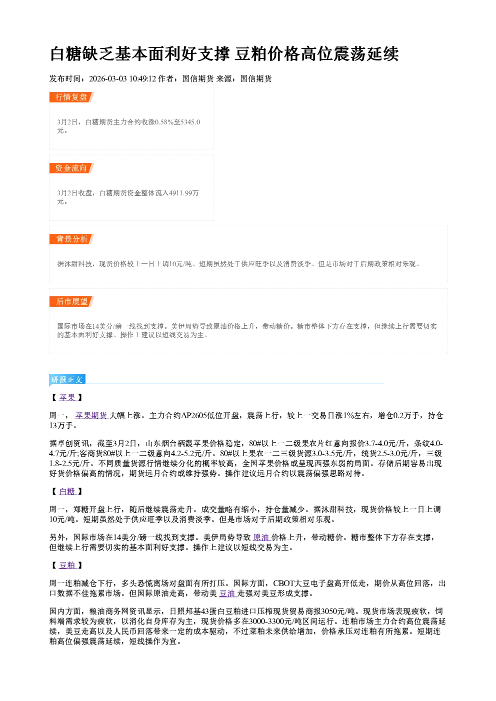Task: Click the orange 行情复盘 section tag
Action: click(x=71, y=97)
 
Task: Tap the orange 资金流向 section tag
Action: click(x=71, y=168)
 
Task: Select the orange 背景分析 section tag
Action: click(x=71, y=239)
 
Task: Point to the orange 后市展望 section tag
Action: click(x=71, y=301)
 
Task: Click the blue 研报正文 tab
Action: click(x=67, y=379)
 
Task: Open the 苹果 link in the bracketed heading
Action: click(x=67, y=397)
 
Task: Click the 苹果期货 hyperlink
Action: click(x=91, y=415)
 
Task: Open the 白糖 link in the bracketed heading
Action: click(x=67, y=491)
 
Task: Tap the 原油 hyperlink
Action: click(x=262, y=537)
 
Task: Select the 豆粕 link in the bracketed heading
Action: click(x=67, y=565)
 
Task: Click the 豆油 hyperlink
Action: click(x=228, y=593)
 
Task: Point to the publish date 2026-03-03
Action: click(x=108, y=78)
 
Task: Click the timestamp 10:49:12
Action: click(x=142, y=78)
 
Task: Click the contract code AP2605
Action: click(x=194, y=416)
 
